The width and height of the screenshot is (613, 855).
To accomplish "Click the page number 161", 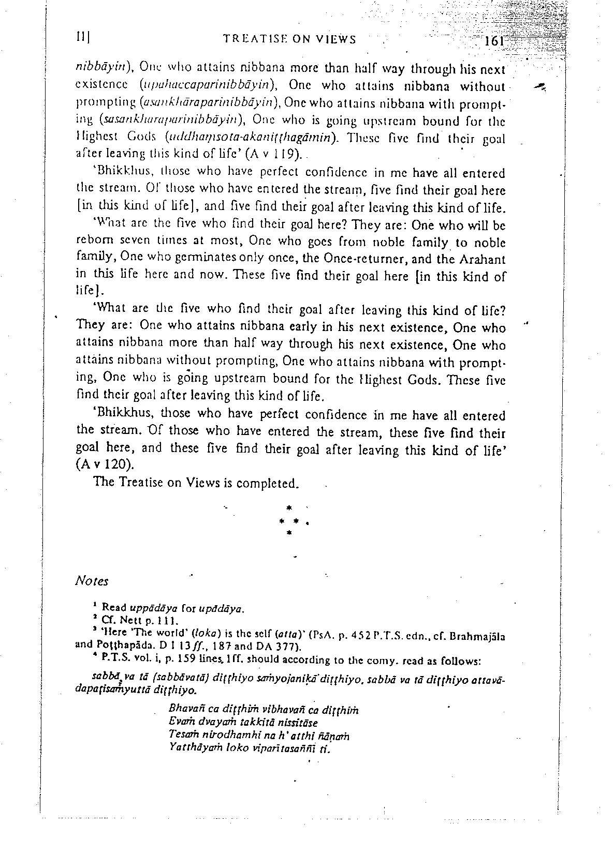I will (495, 42).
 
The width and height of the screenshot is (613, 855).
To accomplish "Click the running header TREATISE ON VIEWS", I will (289, 39).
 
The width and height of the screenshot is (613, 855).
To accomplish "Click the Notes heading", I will (92, 581).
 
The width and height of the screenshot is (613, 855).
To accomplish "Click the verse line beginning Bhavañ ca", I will (264, 710).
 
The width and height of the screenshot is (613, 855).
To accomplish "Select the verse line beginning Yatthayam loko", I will (249, 749).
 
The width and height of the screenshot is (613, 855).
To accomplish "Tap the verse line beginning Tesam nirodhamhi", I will (259, 736).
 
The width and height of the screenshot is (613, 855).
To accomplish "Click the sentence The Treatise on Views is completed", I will (196, 483).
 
